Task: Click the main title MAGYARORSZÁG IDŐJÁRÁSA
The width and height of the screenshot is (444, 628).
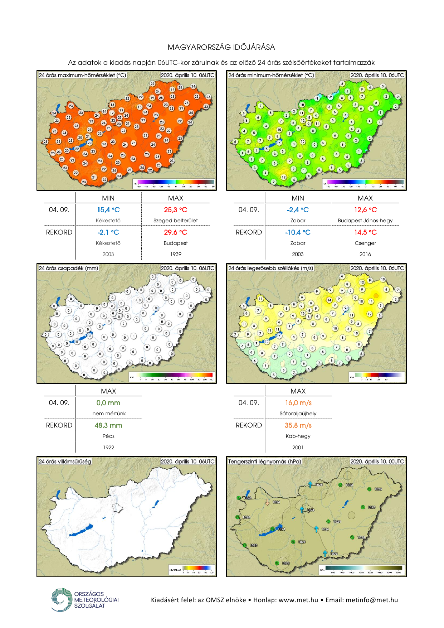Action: pyautogui.click(x=221, y=47)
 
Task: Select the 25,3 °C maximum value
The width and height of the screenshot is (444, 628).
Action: pyautogui.click(x=176, y=210)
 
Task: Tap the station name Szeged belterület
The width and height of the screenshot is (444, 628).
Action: pyautogui.click(x=176, y=221)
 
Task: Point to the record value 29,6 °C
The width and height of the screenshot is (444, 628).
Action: pyautogui.click(x=176, y=232)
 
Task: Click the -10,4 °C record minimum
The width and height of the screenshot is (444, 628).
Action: pyautogui.click(x=298, y=232)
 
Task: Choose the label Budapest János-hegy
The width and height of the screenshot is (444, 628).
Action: pyautogui.click(x=365, y=221)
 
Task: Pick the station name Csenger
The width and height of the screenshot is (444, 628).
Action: pyautogui.click(x=365, y=243)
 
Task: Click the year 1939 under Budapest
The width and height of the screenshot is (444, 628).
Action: pyautogui.click(x=176, y=254)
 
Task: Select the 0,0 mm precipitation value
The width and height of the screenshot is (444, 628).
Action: pyautogui.click(x=108, y=403)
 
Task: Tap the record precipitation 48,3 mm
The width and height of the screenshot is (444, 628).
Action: pyautogui.click(x=108, y=425)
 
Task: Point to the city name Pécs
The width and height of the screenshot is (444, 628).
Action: pyautogui.click(x=108, y=436)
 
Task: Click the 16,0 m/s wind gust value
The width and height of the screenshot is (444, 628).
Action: pyautogui.click(x=298, y=403)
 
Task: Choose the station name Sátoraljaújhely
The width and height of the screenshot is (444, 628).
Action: pyautogui.click(x=298, y=414)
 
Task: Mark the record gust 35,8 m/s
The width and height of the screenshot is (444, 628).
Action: pyautogui.click(x=298, y=425)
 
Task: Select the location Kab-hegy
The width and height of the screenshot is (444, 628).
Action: pyautogui.click(x=298, y=436)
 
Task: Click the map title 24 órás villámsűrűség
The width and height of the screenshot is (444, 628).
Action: pyautogui.click(x=65, y=462)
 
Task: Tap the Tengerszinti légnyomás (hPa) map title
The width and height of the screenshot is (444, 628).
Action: pyautogui.click(x=265, y=462)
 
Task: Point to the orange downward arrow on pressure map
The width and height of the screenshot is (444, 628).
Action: pyautogui.click(x=267, y=502)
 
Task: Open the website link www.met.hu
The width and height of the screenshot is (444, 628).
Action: pyautogui.click(x=298, y=600)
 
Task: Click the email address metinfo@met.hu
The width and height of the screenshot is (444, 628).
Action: pyautogui.click(x=372, y=600)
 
